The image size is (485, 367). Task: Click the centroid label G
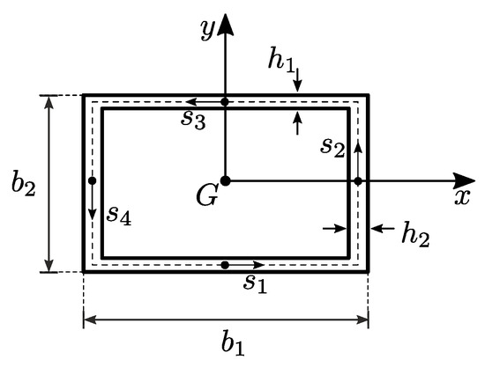pyautogui.click(x=207, y=196)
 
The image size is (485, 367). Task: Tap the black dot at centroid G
pyautogui.click(x=225, y=180)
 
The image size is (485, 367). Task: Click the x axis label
pyautogui.click(x=462, y=197)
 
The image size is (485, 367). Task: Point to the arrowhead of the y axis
pyautogui.click(x=225, y=23)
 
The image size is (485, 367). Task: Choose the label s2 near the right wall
pyautogui.click(x=332, y=148)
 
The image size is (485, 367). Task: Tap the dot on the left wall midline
pyautogui.click(x=93, y=180)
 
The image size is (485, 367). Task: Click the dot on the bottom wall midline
pyautogui.click(x=225, y=265)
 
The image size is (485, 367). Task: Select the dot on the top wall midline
pyautogui.click(x=225, y=102)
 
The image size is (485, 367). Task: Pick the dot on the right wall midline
pyautogui.click(x=358, y=180)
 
